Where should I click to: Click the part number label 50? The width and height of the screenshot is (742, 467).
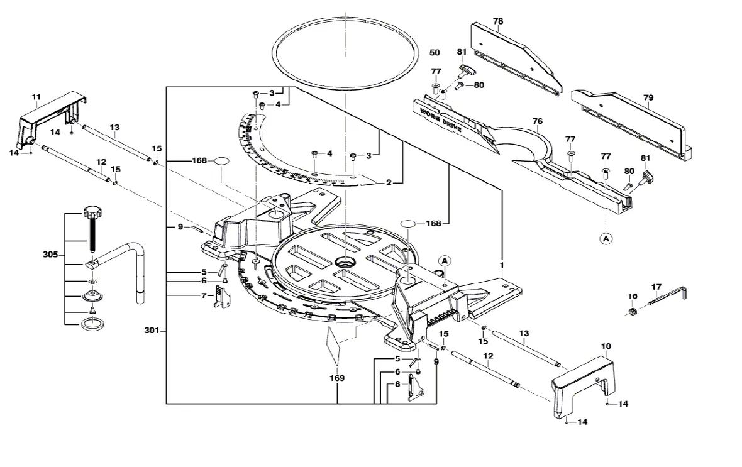(x=434, y=53)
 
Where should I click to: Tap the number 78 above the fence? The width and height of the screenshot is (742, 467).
(x=498, y=21)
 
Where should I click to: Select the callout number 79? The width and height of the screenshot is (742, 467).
(x=648, y=97)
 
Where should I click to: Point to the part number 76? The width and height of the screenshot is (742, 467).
(x=537, y=121)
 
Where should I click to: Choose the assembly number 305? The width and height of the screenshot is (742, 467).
(x=51, y=255)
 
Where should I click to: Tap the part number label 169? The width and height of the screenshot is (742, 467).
(x=337, y=378)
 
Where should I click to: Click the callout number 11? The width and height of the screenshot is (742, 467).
(x=36, y=97)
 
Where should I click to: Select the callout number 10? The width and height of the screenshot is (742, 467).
(x=606, y=346)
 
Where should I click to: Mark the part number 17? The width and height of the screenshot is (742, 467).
(x=656, y=287)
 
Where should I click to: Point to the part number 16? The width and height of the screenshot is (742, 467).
(x=633, y=296)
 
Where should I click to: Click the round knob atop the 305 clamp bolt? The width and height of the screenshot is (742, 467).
(x=92, y=210)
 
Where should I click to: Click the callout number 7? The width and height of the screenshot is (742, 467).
(x=203, y=295)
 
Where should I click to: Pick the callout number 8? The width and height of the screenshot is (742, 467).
(x=397, y=383)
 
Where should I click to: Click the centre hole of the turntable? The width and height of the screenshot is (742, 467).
(x=345, y=260)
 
